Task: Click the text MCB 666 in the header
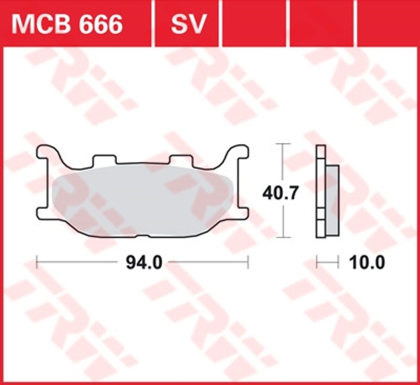(x=67, y=24)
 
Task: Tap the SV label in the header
(x=189, y=24)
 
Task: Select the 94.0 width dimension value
(x=144, y=263)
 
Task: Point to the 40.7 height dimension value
(x=280, y=193)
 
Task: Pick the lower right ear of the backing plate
(x=242, y=213)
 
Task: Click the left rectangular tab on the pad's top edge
(x=105, y=159)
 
